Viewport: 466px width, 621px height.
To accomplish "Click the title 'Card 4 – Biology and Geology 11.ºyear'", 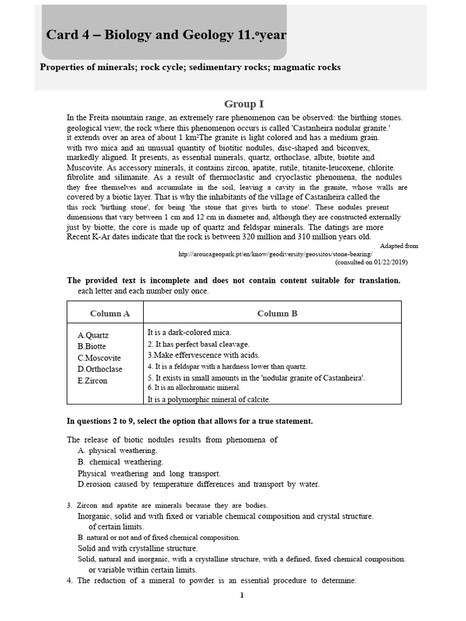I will click(x=166, y=35).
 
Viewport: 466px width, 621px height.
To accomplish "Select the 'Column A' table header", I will click(x=110, y=314).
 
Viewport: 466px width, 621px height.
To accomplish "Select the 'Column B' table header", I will click(x=277, y=314).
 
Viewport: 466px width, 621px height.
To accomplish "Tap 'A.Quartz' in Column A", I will click(x=93, y=335).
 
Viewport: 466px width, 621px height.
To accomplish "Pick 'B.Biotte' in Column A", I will click(x=92, y=346).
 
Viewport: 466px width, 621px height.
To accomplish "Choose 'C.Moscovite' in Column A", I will click(x=99, y=358).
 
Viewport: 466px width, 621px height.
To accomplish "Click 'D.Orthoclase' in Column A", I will click(x=100, y=369).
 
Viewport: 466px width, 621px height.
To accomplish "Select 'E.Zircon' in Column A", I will click(x=92, y=381).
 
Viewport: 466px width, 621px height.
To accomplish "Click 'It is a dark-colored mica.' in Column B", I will click(x=190, y=332).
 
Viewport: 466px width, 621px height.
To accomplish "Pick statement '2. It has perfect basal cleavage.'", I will click(x=198, y=344).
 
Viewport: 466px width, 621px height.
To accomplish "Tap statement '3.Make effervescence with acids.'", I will click(x=203, y=355).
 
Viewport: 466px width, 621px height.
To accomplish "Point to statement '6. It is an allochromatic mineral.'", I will click(x=194, y=388).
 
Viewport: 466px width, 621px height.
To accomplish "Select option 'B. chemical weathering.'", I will click(x=120, y=462).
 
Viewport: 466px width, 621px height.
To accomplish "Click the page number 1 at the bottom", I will click(x=241, y=595).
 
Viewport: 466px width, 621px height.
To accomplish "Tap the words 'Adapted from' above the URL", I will click(x=399, y=246).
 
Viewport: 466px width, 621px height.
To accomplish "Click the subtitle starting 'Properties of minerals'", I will click(x=190, y=67).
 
